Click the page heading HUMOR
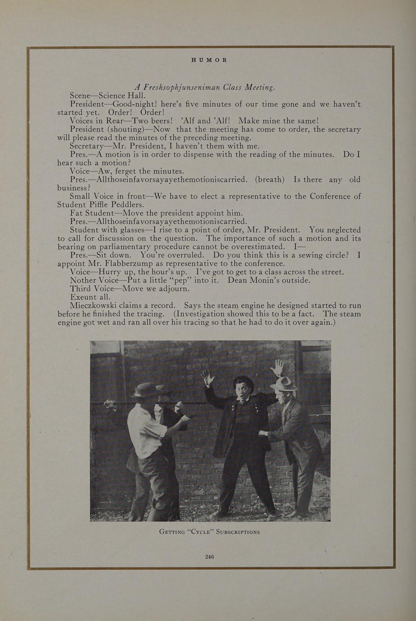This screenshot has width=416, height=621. tap(209, 60)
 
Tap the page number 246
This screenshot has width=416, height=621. tap(209, 557)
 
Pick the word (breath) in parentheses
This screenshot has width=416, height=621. tap(269, 179)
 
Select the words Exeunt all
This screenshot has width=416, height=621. tap(90, 297)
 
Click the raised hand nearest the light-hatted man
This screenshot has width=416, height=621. tap(278, 366)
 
